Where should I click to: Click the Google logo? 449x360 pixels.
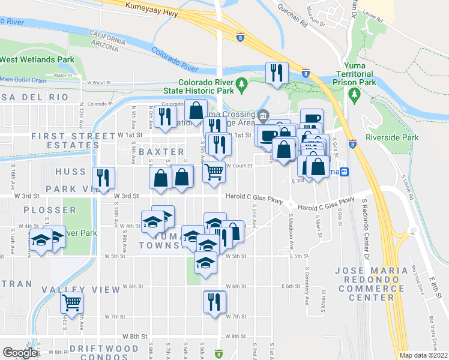[19, 352]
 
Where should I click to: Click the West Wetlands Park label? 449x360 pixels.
[37, 60]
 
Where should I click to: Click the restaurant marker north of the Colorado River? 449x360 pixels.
[277, 74]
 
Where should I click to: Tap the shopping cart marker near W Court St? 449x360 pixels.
[214, 172]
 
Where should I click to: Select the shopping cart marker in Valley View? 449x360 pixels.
[72, 304]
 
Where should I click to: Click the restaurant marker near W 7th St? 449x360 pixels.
[214, 302]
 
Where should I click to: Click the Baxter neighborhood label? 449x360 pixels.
[161, 152]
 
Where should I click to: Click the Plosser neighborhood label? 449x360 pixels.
[50, 211]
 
